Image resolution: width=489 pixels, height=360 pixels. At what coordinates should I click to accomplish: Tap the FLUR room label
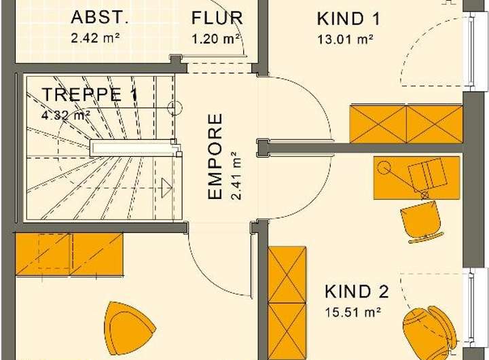217,18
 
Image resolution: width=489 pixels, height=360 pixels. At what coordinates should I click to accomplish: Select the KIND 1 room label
349,18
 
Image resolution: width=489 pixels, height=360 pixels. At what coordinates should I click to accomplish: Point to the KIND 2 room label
357,292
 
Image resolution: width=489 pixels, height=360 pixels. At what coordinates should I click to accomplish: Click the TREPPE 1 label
90,95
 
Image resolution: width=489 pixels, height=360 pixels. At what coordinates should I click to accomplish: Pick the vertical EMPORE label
215,157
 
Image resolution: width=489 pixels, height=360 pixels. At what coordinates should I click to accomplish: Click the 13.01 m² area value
345,39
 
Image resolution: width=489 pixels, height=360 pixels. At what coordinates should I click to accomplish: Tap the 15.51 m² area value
352,312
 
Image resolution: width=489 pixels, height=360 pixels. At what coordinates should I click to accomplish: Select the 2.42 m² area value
95,37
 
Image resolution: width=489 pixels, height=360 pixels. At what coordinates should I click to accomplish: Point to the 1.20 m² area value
217,38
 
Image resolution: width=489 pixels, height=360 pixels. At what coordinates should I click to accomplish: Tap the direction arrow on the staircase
165,187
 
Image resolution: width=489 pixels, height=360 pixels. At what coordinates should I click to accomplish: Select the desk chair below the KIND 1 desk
421,221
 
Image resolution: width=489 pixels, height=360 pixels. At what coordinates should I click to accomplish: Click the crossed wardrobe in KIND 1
405,124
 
